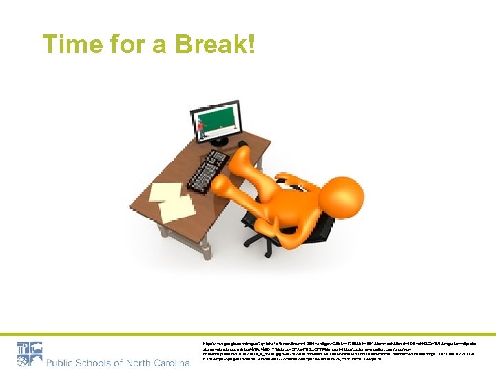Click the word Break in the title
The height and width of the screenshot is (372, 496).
215,45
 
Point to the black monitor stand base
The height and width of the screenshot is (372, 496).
220,142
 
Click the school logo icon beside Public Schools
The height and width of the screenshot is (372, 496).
28,353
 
